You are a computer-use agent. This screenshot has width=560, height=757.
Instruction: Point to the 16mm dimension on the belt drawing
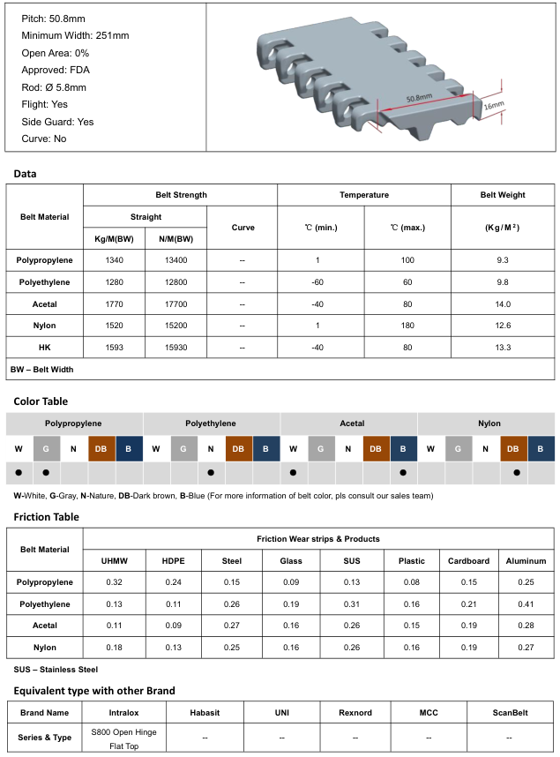point(494,106)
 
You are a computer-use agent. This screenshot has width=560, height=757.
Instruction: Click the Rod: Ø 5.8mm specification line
point(54,87)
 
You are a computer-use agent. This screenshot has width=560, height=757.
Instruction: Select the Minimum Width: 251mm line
point(75,35)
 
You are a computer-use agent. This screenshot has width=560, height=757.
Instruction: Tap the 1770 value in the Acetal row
point(114,304)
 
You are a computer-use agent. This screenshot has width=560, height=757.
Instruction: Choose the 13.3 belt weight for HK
point(503,348)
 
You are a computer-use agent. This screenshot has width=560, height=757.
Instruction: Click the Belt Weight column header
point(503,195)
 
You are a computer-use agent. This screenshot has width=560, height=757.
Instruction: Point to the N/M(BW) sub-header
point(175,239)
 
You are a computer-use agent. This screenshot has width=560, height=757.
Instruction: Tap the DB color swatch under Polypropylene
point(101,448)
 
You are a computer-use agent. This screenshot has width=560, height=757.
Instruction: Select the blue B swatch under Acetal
point(403,448)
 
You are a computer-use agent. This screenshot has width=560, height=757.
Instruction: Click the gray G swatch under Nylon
point(458,448)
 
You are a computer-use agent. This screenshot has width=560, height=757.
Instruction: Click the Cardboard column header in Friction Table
point(469,560)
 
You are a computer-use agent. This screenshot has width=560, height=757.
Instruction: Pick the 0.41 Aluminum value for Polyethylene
point(526,604)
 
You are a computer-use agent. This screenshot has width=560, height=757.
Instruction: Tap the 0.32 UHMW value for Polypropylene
point(114,582)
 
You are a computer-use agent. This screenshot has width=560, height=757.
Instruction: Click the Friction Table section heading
point(46,517)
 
